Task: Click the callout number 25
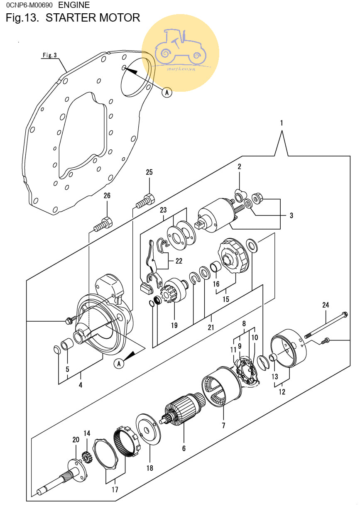point(149,172)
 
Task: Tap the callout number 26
point(107,196)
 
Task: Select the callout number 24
point(326,305)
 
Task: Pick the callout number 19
point(174,325)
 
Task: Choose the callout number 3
point(291,215)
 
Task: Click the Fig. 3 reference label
point(49,55)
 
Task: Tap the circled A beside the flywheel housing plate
point(167,93)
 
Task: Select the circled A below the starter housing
point(119,364)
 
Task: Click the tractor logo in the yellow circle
point(181,46)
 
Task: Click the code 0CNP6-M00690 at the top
point(29,5)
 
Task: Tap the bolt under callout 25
point(145,201)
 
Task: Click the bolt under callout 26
point(103,224)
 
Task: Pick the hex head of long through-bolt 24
point(345,314)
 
